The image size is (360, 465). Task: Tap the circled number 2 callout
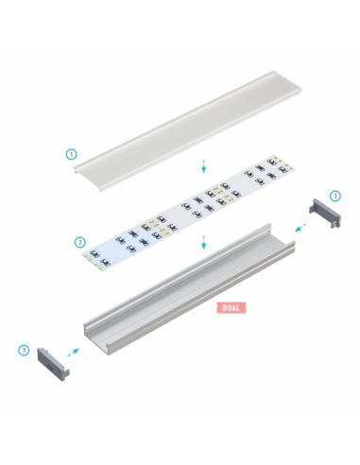[x=80, y=242]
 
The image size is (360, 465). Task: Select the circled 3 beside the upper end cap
[x=335, y=196]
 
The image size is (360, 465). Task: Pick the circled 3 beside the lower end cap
[x=24, y=350]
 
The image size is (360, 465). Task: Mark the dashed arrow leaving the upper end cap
[x=298, y=227]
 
